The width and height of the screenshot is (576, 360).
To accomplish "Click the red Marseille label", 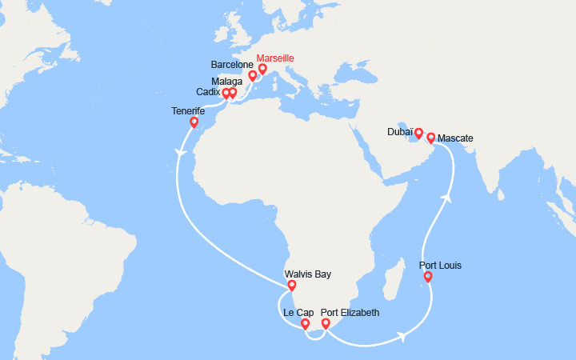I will tap(274, 58).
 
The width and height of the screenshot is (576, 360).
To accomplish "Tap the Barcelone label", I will tap(233, 64).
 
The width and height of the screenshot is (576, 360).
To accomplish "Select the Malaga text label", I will tap(228, 81).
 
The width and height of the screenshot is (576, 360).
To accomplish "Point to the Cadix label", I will tap(208, 93).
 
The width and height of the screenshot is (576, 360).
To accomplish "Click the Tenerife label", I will tap(190, 111).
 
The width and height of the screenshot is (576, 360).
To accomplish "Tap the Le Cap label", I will tap(298, 313).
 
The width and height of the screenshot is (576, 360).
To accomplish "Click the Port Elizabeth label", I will tap(350, 313).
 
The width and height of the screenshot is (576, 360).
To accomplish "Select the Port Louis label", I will tap(440, 266).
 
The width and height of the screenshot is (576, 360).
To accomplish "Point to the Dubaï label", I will tap(400, 130).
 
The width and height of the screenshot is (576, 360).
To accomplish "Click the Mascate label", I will tap(455, 138).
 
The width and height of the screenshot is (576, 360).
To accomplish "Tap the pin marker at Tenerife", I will tap(194, 123).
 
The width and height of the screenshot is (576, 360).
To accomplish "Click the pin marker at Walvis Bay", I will tap(291, 286).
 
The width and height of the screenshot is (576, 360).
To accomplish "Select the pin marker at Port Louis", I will tap(428, 278).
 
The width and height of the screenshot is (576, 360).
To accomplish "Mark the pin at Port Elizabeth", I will tap(326, 324).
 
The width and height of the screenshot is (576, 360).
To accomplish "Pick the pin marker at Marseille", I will tap(262, 69).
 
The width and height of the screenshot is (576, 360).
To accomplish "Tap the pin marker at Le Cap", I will tap(305, 324).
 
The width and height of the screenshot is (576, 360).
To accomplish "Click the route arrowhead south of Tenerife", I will tap(181, 149).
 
